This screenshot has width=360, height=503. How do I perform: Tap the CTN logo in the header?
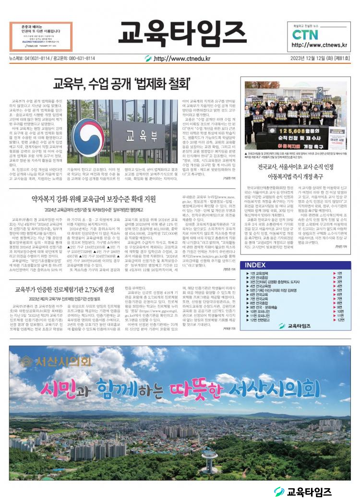(x=305, y=35)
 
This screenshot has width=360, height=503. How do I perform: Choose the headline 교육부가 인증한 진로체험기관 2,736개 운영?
(x=64, y=289)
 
